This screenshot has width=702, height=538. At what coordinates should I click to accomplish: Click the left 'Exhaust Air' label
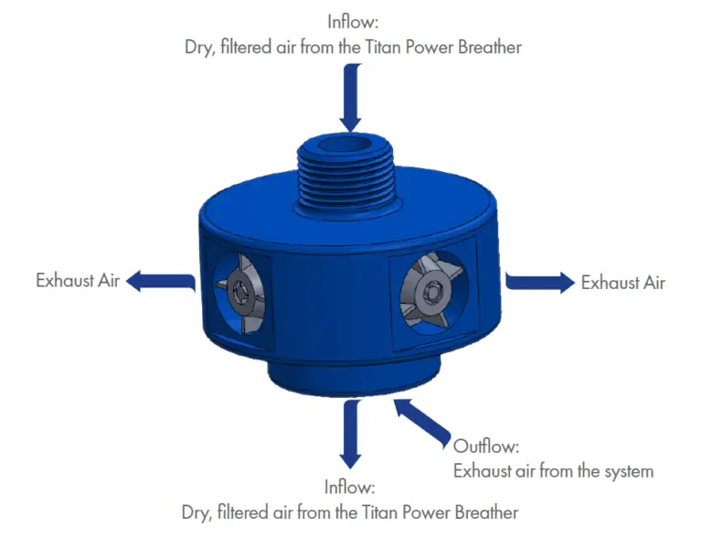[x=78, y=281]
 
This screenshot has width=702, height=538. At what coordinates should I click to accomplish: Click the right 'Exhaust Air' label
[x=622, y=283]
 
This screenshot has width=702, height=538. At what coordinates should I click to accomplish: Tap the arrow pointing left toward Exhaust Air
[x=161, y=282]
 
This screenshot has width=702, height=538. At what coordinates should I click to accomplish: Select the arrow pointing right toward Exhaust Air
[x=540, y=282]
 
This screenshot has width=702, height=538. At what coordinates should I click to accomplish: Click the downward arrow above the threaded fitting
[x=351, y=97]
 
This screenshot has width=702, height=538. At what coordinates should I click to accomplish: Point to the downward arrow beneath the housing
[x=351, y=434]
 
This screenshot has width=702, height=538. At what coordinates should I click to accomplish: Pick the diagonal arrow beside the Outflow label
[x=421, y=423]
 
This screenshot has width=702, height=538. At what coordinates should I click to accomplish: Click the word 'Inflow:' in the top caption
[x=352, y=22]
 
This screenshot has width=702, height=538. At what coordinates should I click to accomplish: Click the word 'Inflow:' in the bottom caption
[x=349, y=487]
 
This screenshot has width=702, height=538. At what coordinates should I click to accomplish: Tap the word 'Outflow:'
[x=485, y=447]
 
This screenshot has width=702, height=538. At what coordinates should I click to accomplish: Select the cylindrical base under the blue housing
[x=354, y=376]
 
